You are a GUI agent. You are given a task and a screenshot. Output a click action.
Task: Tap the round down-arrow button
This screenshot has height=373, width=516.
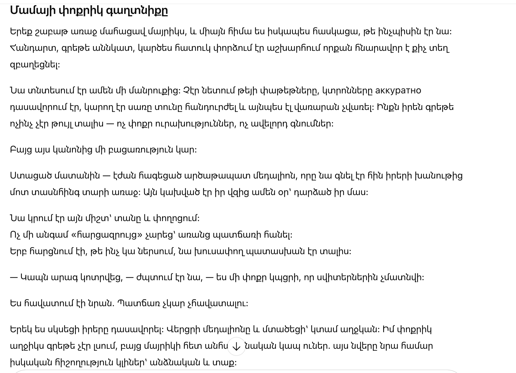point(236,346)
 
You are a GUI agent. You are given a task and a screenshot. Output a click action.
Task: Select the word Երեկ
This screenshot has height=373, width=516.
point(21,329)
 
